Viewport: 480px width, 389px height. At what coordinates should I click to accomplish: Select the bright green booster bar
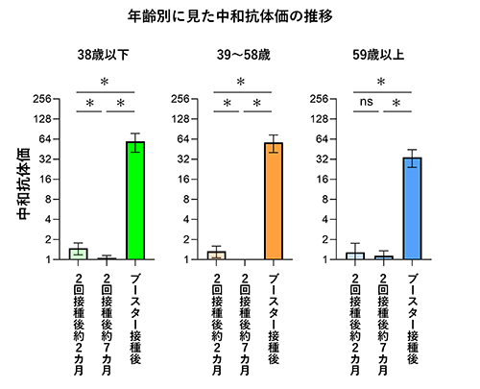pyautogui.click(x=135, y=201)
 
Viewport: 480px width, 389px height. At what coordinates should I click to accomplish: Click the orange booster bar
pyautogui.click(x=275, y=201)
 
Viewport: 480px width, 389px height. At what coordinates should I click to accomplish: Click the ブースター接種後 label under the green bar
pyautogui.click(x=135, y=318)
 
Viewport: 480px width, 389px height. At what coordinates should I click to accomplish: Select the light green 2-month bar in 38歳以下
pyautogui.click(x=79, y=254)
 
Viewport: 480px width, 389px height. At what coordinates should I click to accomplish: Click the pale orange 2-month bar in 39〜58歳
pyautogui.click(x=217, y=255)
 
